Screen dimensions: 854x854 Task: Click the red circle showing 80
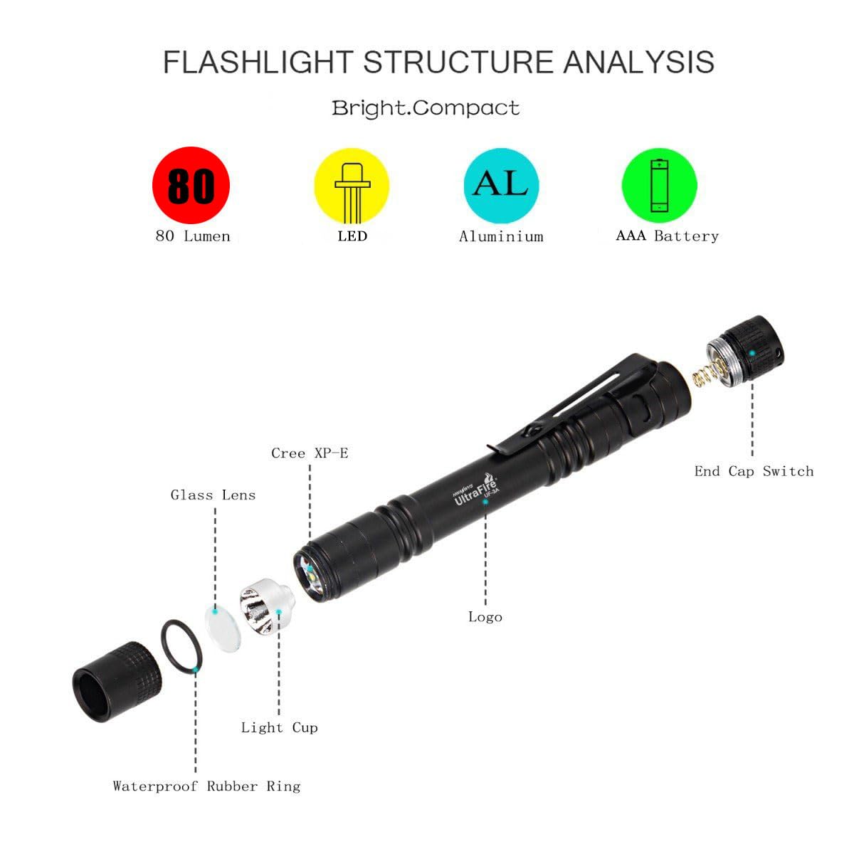pos(191,185)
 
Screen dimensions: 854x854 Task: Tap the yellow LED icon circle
pos(352,186)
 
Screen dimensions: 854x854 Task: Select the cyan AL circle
pos(501,185)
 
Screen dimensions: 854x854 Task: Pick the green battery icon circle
pos(659,185)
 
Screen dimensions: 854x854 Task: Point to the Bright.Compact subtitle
pos(426,108)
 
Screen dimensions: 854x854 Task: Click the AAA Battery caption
pos(667,236)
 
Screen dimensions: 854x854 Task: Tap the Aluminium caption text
pos(501,236)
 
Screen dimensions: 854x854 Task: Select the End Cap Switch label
pos(754,471)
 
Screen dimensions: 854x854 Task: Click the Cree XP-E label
pos(310,453)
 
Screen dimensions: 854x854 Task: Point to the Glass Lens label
pos(213,495)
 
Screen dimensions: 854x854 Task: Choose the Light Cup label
pos(279,727)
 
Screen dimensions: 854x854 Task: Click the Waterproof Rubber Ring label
pos(206,786)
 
